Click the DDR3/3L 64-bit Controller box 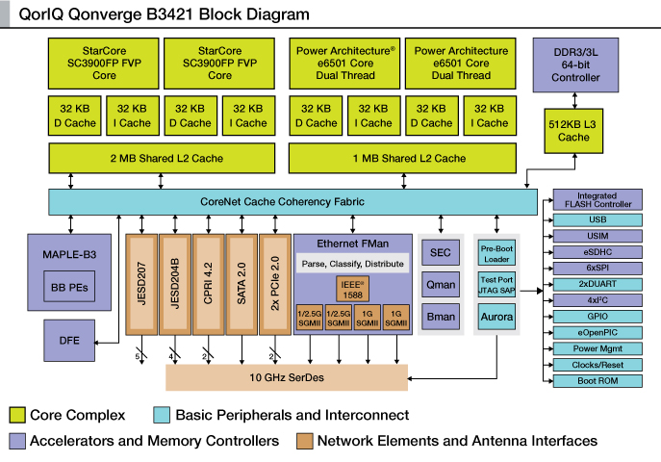(575, 63)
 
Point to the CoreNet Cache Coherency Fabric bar (293, 201)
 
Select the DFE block (68, 340)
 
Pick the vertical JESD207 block (141, 284)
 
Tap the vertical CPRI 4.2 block (207, 284)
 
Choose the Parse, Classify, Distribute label (353, 262)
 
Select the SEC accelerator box (440, 252)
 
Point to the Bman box (440, 315)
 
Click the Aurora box (496, 317)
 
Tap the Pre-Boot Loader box (496, 252)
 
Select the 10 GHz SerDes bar (286, 377)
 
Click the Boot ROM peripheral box (597, 380)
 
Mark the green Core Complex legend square (16, 415)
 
